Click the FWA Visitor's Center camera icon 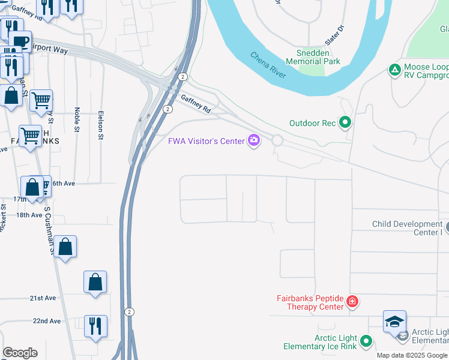tap(254, 141)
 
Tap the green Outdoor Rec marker tap(345, 123)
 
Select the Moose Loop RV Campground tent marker tap(395, 70)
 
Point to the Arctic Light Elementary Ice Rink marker tap(366, 341)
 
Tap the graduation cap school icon tap(394, 322)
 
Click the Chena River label tap(268, 64)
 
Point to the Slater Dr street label tap(334, 37)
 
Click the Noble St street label tap(77, 119)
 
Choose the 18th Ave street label tap(29, 215)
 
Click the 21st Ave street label tap(43, 298)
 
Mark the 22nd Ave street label tap(47, 321)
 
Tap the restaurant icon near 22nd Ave tap(95, 326)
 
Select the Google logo tap(20, 353)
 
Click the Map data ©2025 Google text tap(412, 356)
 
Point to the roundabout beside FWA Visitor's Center tap(277, 140)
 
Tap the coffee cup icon tap(20, 41)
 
